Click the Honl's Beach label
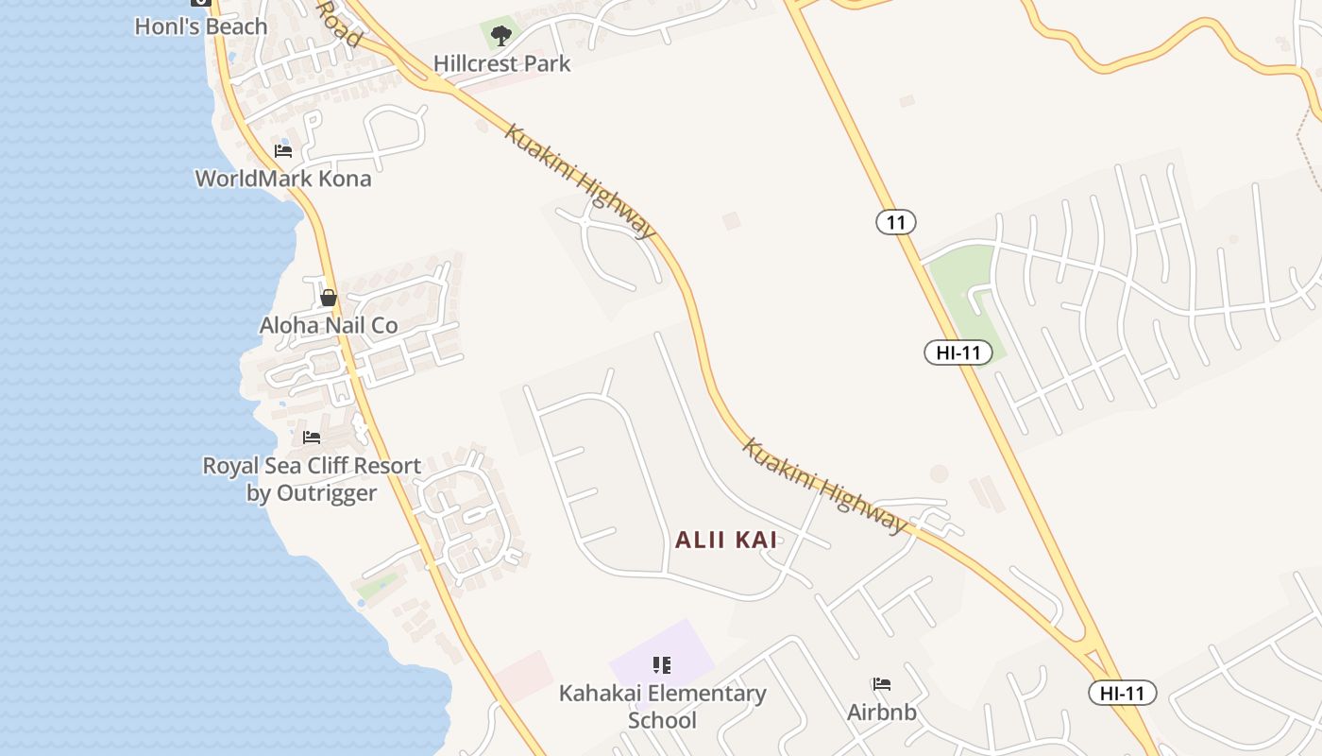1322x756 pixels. [x=200, y=26]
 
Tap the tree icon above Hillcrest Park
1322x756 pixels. [x=501, y=36]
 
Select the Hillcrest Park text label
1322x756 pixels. [x=501, y=64]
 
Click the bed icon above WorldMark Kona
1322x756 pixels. [x=283, y=151]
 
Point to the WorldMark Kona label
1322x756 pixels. [x=283, y=179]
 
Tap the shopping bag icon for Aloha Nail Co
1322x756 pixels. [x=329, y=298]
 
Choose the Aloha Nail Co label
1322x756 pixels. [x=329, y=326]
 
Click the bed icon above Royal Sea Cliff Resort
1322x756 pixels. [x=312, y=438]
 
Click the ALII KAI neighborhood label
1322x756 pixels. [x=726, y=540]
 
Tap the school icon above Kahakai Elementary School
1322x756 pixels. [x=662, y=665]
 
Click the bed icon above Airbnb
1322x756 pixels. [x=882, y=684]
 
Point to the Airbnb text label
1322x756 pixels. [x=882, y=712]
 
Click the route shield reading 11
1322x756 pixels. [x=896, y=223]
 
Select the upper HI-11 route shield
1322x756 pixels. [x=958, y=353]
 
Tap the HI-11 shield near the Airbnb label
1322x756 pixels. [x=1122, y=693]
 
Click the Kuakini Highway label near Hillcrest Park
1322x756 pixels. [x=580, y=180]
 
